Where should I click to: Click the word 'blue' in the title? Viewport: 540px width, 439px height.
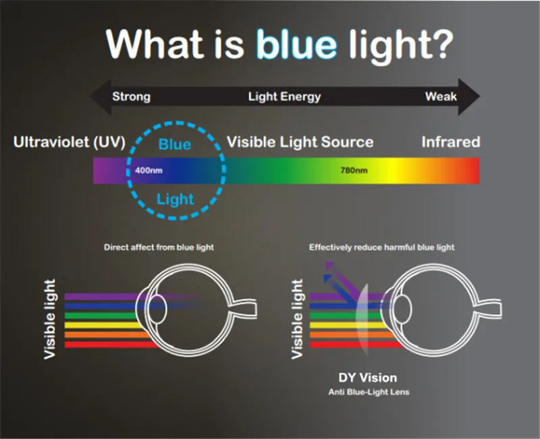pos(296,44)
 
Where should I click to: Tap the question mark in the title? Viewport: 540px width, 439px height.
pos(441,44)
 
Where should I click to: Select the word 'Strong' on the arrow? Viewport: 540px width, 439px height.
pos(131,96)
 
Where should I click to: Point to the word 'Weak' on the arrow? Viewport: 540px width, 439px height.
pos(441,96)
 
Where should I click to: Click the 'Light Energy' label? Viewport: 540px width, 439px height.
pos(284,96)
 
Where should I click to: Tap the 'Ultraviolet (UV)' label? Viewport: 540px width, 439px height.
pos(70,142)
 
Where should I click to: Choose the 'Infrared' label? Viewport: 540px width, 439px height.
pos(451,142)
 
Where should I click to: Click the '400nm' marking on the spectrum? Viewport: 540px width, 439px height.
pos(148,171)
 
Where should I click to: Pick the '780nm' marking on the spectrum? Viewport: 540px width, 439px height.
pos(354,171)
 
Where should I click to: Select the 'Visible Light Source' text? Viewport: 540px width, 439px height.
pos(300,142)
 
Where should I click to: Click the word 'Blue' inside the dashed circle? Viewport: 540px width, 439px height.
pos(175,144)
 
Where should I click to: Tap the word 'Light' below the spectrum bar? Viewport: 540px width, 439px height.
pos(175,199)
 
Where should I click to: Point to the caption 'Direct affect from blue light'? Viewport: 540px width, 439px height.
pos(159,247)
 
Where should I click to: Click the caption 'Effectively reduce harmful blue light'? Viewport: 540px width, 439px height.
pos(381,247)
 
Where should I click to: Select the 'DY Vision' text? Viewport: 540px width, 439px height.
pos(367,378)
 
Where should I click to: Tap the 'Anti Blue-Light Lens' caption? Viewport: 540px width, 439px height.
pos(369,392)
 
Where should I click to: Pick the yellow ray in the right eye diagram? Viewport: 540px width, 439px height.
pos(348,325)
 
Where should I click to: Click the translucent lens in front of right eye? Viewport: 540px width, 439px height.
pos(362,320)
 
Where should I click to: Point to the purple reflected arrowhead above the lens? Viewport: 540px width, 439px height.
pos(329,266)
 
